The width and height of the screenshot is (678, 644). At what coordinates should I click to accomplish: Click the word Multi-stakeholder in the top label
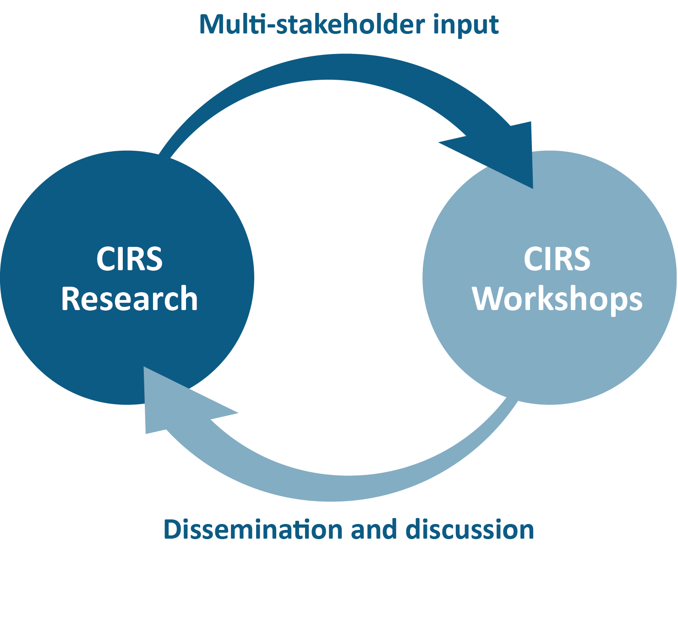[x=312, y=25]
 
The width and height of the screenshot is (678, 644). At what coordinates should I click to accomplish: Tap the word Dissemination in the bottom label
[x=252, y=529]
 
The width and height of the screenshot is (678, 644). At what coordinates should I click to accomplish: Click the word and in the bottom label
[x=373, y=529]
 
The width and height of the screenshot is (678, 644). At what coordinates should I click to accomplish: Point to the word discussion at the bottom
[x=470, y=529]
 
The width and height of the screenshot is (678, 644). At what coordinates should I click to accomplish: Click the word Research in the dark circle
[x=129, y=299]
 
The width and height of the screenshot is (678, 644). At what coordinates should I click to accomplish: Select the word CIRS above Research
[x=129, y=259]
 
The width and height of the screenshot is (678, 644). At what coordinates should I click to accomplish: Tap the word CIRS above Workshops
[x=557, y=259]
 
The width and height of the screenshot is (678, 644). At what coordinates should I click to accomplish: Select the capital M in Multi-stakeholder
[x=212, y=25]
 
